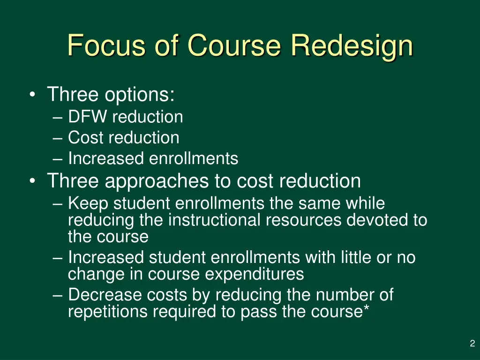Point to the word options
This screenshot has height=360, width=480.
point(139,95)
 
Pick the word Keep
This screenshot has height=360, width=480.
point(89,204)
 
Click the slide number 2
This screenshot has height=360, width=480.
point(472,344)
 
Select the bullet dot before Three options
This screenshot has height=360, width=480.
point(31,95)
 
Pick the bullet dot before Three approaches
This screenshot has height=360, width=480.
point(31,181)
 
